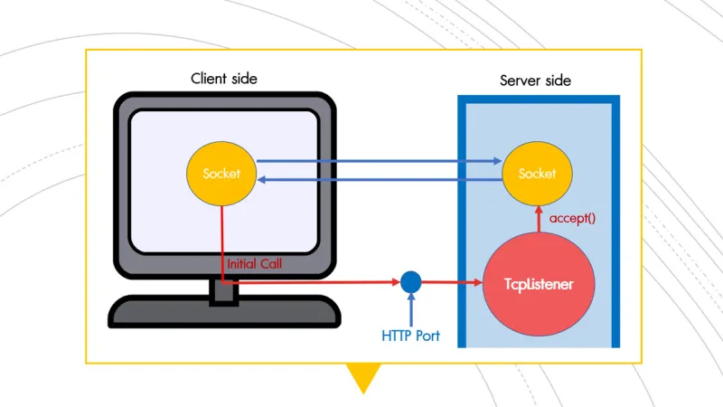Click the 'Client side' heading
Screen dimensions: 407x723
[x=223, y=79]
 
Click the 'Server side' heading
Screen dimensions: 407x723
[x=535, y=80]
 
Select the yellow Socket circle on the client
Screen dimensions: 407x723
[x=221, y=173]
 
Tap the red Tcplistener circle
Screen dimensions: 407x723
[x=539, y=284]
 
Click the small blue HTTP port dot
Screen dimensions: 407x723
[x=411, y=281]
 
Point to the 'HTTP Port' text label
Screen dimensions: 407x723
[x=409, y=336]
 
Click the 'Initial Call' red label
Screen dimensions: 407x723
[x=255, y=264]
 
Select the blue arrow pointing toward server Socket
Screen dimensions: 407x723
[x=380, y=163]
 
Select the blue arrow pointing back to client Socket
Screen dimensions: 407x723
[x=380, y=180]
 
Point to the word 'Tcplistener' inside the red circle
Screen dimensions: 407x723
[x=539, y=284]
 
